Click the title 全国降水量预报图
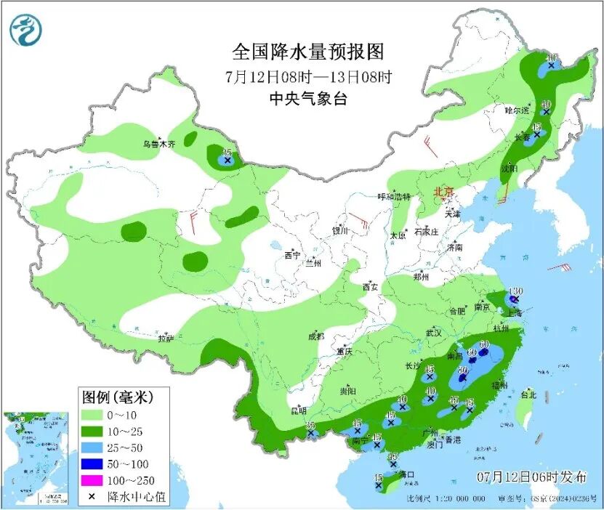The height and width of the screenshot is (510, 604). coord(307,52)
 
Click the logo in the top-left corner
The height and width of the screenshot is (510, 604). coord(26,31)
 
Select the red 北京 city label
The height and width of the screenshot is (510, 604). coord(443,192)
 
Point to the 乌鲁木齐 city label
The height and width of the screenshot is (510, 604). coord(158,145)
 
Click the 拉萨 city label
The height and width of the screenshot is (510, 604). coord(166,338)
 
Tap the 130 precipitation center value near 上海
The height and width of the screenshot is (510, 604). coord(516,291)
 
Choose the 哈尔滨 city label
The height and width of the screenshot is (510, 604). coord(518,111)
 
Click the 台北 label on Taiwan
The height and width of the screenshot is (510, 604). coord(528,395)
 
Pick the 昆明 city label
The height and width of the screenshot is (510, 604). coord(299,411)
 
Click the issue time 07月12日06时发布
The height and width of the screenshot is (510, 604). coord(532,477)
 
